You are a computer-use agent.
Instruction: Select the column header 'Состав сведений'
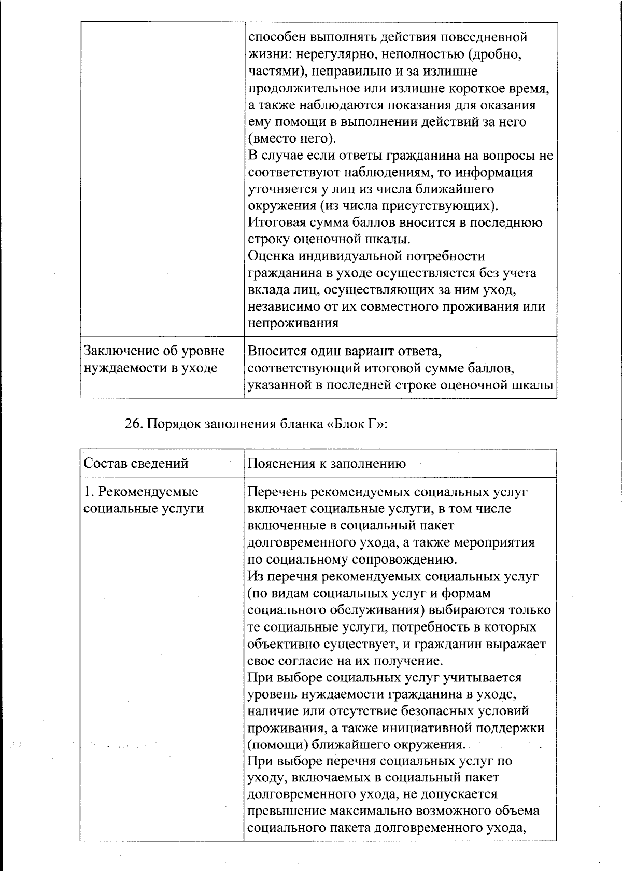click(x=136, y=463)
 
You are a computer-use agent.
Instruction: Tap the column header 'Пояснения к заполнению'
click(x=327, y=463)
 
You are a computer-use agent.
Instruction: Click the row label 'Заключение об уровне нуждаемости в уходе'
click(x=154, y=359)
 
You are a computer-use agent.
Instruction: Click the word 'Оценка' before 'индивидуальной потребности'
click(x=272, y=256)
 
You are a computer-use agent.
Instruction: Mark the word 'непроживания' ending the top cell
click(x=293, y=323)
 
